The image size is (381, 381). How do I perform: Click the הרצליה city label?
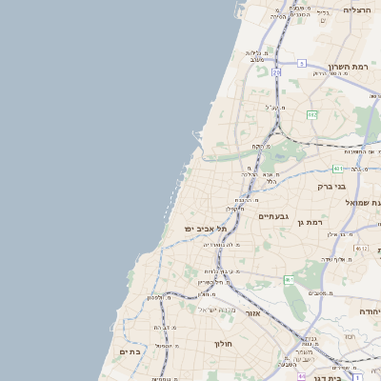[x=356, y=10]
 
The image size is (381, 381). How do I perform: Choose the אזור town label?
[x=252, y=312]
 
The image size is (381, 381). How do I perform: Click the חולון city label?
[x=224, y=343]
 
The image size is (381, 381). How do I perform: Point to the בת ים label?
[x=130, y=351]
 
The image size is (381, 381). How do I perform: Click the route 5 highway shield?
[x=301, y=63]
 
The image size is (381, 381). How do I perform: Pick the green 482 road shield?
[x=311, y=114]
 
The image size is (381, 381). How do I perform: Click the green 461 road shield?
[x=288, y=279]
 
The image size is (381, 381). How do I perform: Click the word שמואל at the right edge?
[x=368, y=203]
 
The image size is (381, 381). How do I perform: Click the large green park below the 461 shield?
[x=294, y=303]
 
